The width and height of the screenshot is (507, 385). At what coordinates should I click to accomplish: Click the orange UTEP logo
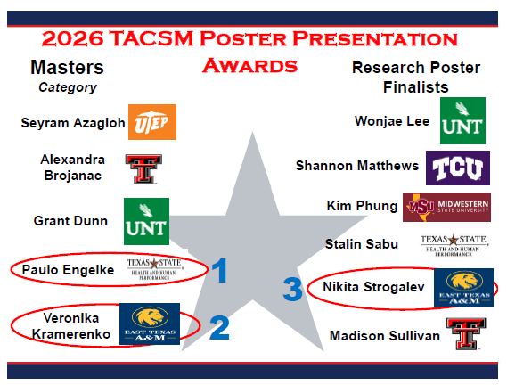coord(153,122)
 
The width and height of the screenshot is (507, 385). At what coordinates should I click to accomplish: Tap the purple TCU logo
coord(456,166)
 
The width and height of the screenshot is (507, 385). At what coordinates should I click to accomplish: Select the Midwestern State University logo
coord(446,206)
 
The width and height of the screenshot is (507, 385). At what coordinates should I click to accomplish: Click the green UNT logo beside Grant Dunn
coord(146,220)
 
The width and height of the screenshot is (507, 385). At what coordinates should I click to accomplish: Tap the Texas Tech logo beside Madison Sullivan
coord(462,335)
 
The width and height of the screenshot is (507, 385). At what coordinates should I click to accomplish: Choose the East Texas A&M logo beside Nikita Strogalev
coord(462,287)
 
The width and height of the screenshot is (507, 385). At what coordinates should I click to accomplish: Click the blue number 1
coord(219,271)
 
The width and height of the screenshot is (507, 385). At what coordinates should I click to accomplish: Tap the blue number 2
coord(219,327)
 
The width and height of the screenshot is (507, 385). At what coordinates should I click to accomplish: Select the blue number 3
coord(292,290)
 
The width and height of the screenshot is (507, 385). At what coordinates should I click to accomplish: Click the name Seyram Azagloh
coord(73,122)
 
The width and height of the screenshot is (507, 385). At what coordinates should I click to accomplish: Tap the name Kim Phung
coord(362,206)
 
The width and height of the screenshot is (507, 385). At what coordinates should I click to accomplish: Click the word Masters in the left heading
coord(67,68)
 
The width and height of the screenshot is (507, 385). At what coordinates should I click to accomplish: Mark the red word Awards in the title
coord(249,65)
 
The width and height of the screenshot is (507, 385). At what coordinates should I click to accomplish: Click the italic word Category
coord(68,87)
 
